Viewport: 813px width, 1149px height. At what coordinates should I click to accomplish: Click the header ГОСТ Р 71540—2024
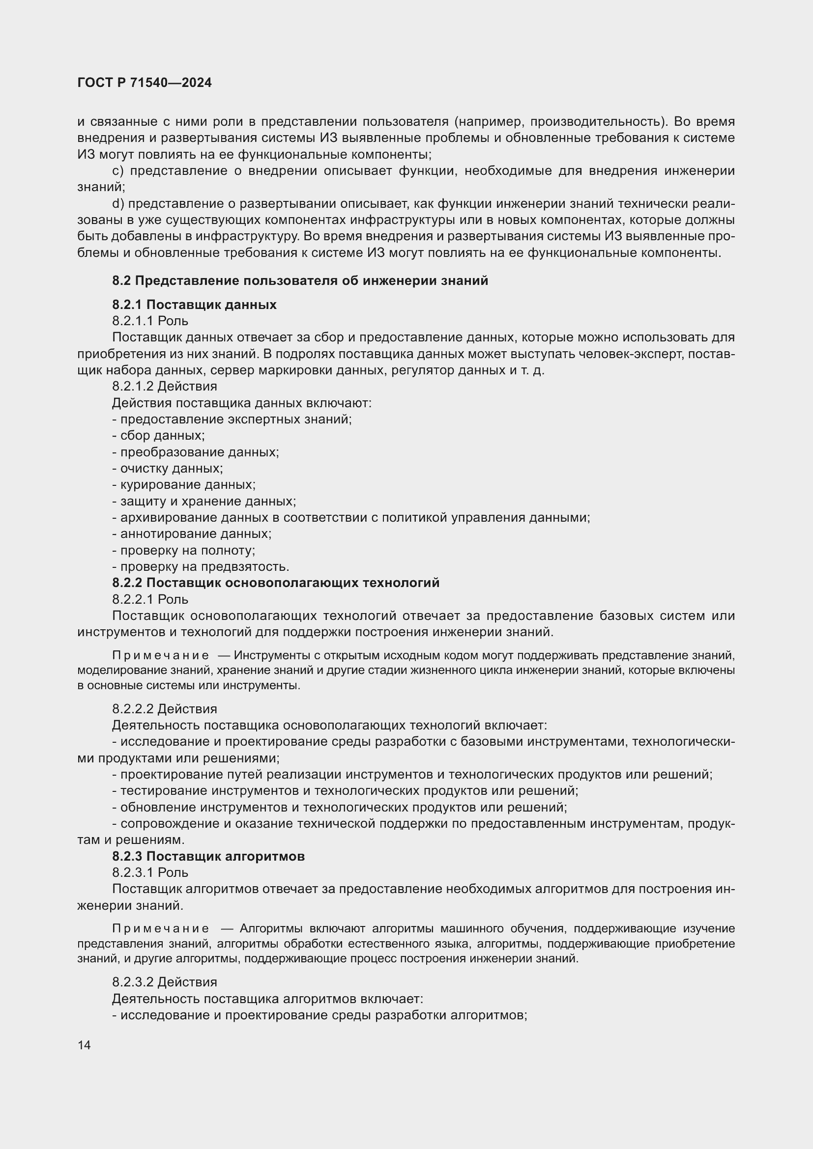click(x=145, y=83)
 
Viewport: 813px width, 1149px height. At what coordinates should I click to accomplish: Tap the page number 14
click(x=84, y=1045)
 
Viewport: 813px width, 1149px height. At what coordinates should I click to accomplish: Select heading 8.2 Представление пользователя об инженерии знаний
click(x=300, y=281)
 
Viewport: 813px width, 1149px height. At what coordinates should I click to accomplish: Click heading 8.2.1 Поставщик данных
click(x=194, y=305)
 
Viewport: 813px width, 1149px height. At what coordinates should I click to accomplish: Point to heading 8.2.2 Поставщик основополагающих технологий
click(x=276, y=583)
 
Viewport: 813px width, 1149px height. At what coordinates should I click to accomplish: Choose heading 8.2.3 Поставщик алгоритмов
click(x=208, y=856)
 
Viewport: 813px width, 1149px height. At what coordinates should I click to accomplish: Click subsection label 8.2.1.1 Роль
click(x=150, y=321)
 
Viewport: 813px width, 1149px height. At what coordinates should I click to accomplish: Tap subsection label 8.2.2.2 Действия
click(x=165, y=709)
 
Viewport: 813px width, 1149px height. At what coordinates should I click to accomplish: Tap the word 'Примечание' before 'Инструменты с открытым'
click(x=160, y=656)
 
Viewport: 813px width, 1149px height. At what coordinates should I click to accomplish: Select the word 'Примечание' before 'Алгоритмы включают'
click(x=160, y=929)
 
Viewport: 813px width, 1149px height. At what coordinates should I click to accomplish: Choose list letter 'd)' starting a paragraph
click(x=117, y=204)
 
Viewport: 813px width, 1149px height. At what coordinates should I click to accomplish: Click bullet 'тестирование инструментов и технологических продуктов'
click(x=346, y=791)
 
